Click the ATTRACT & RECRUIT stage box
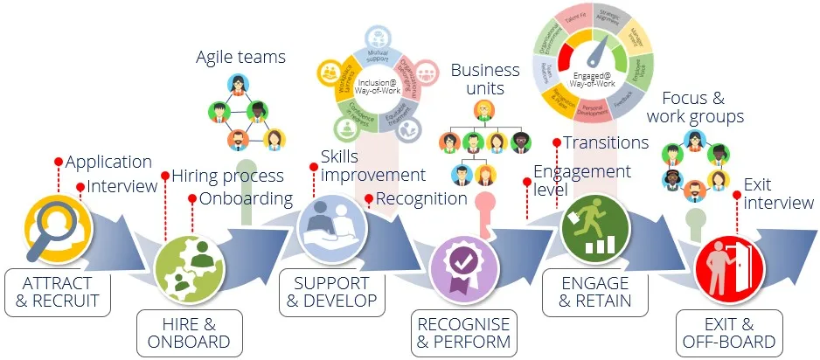[57, 293]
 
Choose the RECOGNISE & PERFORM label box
[463, 332]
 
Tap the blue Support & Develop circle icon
[333, 226]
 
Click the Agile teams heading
[240, 58]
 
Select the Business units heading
[484, 79]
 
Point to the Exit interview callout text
[777, 193]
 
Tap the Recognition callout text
[421, 198]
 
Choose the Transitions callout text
[605, 142]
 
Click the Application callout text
[108, 162]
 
